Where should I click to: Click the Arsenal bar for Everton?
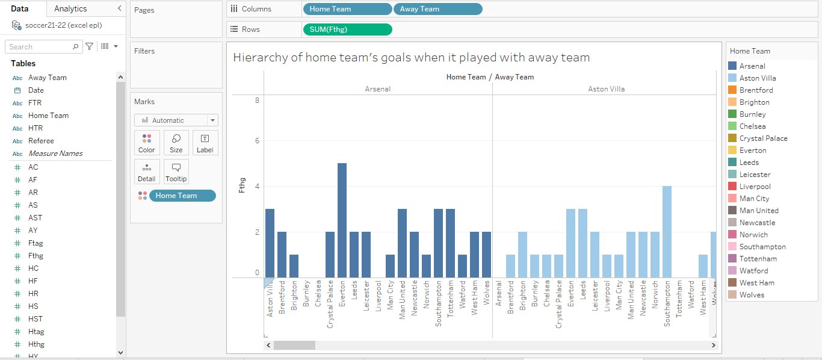(x=342, y=220)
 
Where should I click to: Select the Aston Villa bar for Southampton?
(x=667, y=232)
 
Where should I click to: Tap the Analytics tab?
(x=70, y=8)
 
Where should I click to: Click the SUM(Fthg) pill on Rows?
(x=347, y=29)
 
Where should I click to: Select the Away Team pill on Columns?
(x=437, y=9)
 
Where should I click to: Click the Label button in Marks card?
(x=205, y=143)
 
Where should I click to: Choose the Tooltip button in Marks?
(x=176, y=172)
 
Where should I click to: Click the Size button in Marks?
(x=176, y=143)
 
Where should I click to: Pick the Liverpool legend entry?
(x=755, y=187)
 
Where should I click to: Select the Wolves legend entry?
(x=752, y=295)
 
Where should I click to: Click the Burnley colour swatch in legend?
(x=732, y=114)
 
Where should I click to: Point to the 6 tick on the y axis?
(x=257, y=141)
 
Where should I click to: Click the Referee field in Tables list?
(x=41, y=141)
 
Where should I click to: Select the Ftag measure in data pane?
(x=36, y=243)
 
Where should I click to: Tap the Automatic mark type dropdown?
(x=176, y=120)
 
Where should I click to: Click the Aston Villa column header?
(x=606, y=89)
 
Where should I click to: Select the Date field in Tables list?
(x=36, y=90)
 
